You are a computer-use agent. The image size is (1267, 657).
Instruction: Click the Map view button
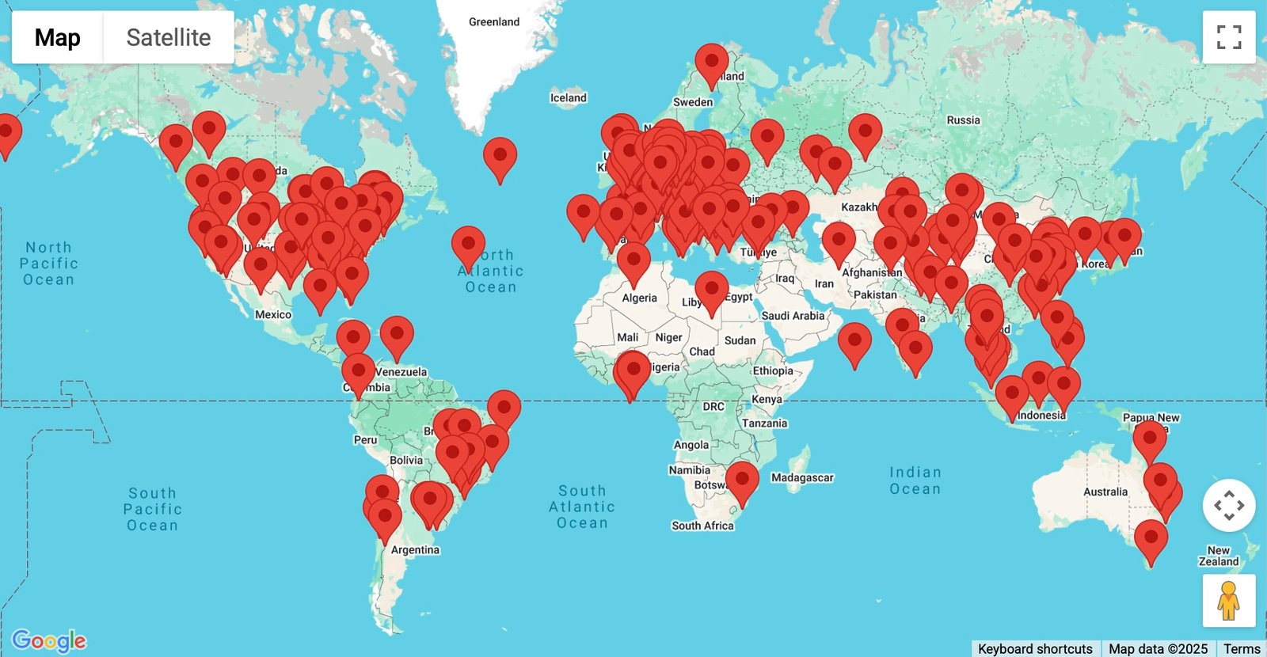click(x=58, y=37)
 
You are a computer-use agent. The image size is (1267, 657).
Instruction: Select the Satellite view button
click(x=169, y=37)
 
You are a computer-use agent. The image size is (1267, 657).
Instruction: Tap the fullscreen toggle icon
click(x=1228, y=37)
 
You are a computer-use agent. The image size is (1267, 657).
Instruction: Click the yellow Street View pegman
click(x=1228, y=601)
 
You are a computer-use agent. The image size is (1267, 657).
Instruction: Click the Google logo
click(x=49, y=640)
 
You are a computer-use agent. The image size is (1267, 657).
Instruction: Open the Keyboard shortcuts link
click(x=1035, y=648)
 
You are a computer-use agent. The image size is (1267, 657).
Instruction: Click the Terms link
click(x=1241, y=648)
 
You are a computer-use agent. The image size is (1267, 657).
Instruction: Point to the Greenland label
click(x=494, y=22)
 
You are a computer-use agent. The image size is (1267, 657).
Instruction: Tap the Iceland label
click(x=569, y=98)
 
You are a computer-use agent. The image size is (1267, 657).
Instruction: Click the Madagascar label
click(x=802, y=477)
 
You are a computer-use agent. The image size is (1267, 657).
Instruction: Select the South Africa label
click(x=702, y=526)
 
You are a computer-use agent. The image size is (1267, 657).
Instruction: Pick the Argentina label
click(x=415, y=550)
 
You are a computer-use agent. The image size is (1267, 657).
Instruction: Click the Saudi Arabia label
click(x=793, y=316)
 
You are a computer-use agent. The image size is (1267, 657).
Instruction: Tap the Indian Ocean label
click(x=915, y=480)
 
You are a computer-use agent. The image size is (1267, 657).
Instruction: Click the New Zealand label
click(x=1218, y=556)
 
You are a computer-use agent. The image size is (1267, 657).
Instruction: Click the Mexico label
click(x=273, y=315)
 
